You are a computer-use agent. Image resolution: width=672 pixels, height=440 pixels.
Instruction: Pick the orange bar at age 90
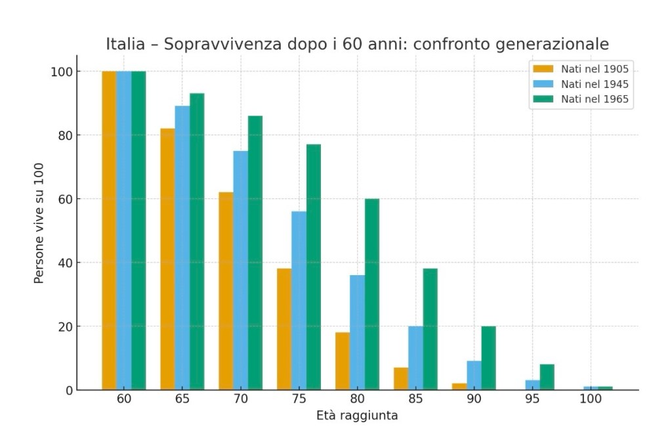point(459,387)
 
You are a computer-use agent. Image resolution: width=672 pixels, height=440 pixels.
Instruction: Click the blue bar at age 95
point(532,385)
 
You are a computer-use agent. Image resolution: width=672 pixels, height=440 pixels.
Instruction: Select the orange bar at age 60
point(109,231)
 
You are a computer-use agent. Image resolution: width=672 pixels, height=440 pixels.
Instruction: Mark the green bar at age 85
point(430,329)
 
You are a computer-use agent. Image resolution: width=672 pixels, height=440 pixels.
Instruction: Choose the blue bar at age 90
point(474,376)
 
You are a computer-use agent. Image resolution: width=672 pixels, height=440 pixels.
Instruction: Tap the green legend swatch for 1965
point(543,100)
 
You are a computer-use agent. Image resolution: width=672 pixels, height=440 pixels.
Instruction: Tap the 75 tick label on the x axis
point(299,399)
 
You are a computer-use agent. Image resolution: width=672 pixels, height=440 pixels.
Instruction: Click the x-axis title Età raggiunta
point(357,416)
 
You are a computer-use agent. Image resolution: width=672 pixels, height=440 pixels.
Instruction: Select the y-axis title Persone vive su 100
point(39,223)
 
